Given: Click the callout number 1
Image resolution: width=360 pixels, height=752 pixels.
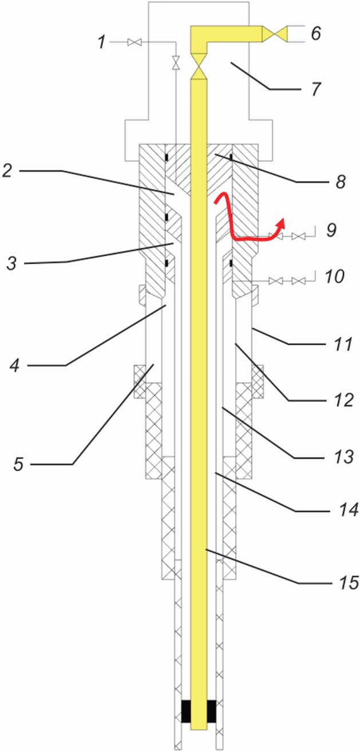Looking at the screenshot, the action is [102, 43].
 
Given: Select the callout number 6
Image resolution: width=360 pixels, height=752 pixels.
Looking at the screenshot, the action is [316, 33].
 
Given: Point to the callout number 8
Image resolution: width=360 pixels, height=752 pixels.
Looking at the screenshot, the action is [340, 183].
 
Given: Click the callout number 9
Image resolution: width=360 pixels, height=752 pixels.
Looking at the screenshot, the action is [331, 230].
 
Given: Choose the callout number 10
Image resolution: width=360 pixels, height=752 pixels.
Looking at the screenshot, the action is [334, 276].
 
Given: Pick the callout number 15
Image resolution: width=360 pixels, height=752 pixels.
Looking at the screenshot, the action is [349, 582].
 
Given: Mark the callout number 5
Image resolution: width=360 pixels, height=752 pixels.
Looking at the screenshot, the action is [18, 464].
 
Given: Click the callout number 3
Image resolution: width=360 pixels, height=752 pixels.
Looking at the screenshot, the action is [12, 263].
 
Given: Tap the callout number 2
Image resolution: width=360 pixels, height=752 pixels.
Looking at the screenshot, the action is [7, 171].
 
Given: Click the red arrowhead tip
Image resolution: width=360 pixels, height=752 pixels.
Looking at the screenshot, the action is [284, 219].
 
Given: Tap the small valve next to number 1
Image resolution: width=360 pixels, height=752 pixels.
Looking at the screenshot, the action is [134, 42].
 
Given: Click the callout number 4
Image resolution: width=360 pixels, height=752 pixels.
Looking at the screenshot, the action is [14, 365].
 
